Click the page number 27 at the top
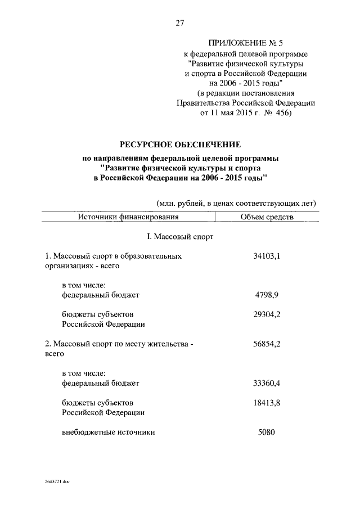coord(180,23)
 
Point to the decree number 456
coord(280,114)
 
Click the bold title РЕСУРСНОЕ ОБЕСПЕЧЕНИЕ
coord(179,145)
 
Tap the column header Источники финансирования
coord(128,217)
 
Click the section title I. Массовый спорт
coord(179,237)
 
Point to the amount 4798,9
coord(269,294)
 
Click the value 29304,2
coord(267,314)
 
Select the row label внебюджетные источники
coord(108,433)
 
